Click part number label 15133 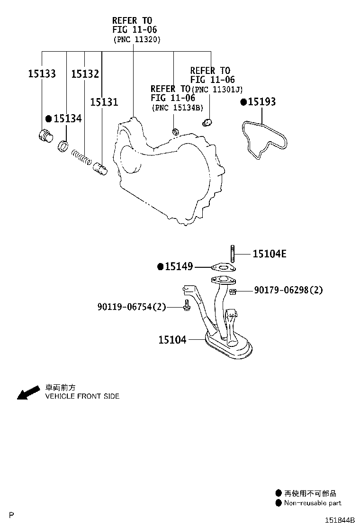[42, 73]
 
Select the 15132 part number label [85, 73]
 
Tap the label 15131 [104, 102]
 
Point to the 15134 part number [67, 118]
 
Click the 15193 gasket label [261, 101]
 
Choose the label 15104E [270, 254]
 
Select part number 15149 [179, 266]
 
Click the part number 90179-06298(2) [288, 290]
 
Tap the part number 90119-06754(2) [132, 307]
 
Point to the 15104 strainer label [172, 340]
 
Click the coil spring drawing [81, 157]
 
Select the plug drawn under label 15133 [45, 136]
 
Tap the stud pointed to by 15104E [232, 254]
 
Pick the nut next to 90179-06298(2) [232, 291]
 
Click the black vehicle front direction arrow [28, 392]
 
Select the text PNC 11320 [137, 39]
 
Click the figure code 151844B [340, 520]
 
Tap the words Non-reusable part [313, 503]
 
